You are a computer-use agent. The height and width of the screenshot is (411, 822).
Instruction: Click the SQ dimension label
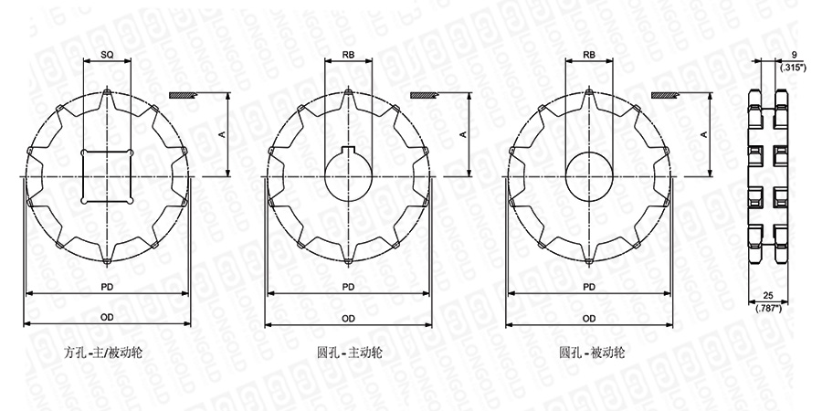(x=107, y=55)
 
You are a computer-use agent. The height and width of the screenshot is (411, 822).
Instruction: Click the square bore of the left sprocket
(x=107, y=176)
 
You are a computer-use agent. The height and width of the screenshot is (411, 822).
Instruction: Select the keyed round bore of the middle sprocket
(x=348, y=172)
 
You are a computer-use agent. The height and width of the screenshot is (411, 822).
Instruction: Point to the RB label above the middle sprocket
(x=348, y=55)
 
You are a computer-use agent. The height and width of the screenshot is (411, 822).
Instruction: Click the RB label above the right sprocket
(x=589, y=55)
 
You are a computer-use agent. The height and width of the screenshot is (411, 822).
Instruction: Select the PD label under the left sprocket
(x=107, y=287)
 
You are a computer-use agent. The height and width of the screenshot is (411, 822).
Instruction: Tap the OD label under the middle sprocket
(x=348, y=318)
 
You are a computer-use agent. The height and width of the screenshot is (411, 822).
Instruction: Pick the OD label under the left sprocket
(x=107, y=318)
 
